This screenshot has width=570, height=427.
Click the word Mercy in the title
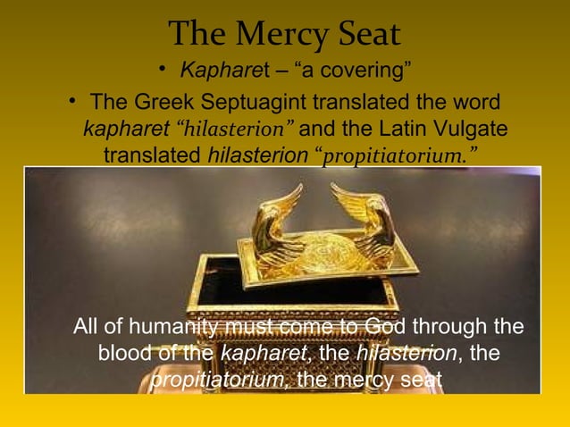pos(285,36)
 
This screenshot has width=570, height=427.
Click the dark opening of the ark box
pos(268,286)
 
